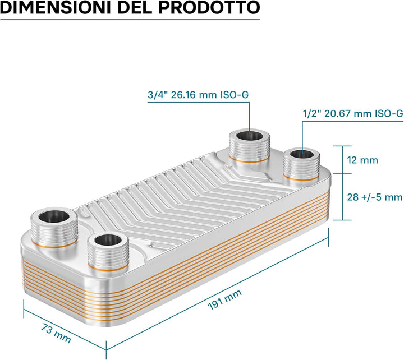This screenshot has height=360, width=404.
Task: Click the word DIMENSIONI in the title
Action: tap(56, 8)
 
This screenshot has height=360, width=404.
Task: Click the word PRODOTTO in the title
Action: tap(209, 8)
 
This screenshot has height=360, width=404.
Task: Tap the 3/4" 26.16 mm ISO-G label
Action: tap(198, 95)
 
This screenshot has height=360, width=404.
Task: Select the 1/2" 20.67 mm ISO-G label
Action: tap(353, 113)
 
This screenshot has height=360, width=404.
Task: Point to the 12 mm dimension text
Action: tap(362, 160)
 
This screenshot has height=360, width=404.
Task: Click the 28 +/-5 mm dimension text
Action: tap(375, 197)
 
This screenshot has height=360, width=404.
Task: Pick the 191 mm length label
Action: tap(224, 299)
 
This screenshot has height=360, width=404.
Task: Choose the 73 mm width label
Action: tap(56, 333)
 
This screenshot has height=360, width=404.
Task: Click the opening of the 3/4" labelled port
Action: tap(250, 136)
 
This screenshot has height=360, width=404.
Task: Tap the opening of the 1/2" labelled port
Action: tap(302, 154)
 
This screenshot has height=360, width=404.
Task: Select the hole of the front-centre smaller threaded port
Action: tap(108, 240)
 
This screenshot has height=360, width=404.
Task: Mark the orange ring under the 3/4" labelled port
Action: tap(249, 161)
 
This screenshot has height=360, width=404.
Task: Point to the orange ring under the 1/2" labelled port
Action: tap(301, 179)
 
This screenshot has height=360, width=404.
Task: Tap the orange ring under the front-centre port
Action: tap(108, 269)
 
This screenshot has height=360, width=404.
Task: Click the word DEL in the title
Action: tap(135, 8)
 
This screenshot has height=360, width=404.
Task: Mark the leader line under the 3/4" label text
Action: tap(199, 103)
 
